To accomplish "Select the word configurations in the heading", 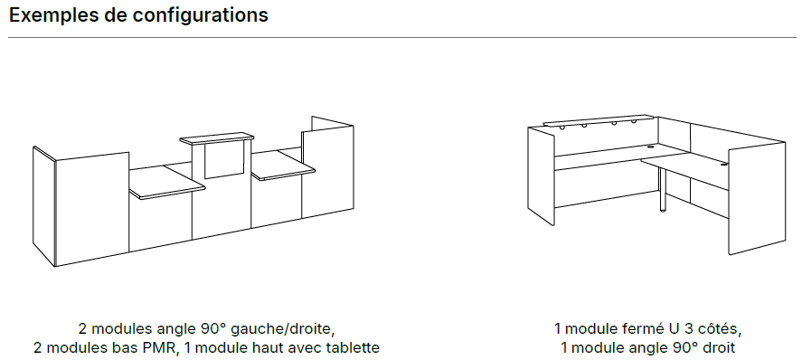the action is (200, 16).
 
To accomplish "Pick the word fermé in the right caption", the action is (633, 327).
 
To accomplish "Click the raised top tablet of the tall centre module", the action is (217, 137).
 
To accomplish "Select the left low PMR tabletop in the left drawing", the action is (166, 182).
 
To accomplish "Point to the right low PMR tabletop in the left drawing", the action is (283, 165).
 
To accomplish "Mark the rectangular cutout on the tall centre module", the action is (223, 159).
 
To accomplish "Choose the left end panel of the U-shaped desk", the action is (541, 175).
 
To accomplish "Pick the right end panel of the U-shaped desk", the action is (757, 198).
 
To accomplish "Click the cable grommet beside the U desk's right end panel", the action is (723, 164).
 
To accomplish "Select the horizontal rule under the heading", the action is (402, 38).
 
